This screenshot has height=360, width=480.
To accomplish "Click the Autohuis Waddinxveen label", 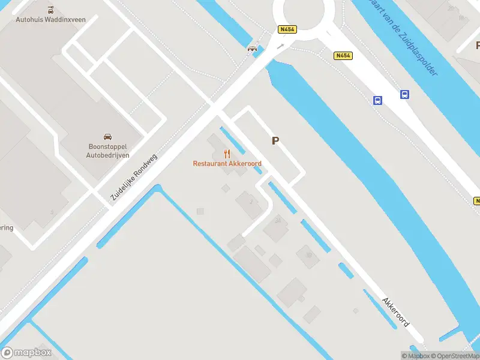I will pos(50,19).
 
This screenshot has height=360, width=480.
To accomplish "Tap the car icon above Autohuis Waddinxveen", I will pos(50,10).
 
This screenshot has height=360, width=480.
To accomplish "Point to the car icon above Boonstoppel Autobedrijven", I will pos(107,137).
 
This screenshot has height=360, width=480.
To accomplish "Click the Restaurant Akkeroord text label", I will pos(227,163).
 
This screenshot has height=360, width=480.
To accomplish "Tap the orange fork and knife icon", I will pos(227,154).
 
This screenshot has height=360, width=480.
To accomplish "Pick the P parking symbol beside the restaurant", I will pos(275,141).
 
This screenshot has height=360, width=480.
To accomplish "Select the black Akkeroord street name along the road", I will pos(396,311).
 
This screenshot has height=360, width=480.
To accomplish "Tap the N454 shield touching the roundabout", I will pos(286,28).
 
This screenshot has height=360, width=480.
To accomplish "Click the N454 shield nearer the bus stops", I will pos(343,55).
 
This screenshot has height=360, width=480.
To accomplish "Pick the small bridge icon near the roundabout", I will pos(253,49).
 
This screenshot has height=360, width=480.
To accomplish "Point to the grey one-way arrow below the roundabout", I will pos(280,46).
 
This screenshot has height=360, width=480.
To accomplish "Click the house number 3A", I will pos(277,221).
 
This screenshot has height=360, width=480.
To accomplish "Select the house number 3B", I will pos(308,254).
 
